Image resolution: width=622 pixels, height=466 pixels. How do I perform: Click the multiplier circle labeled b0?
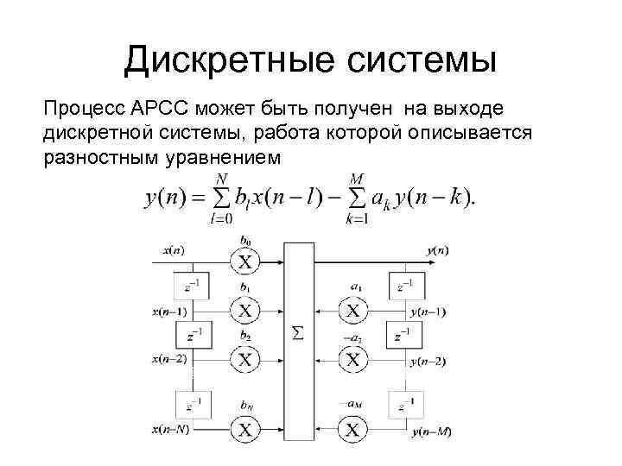point(246,261)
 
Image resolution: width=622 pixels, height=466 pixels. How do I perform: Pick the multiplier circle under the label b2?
point(246,358)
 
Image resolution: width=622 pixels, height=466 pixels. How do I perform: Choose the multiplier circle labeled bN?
point(246,429)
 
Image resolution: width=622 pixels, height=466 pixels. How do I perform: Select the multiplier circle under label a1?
point(352,310)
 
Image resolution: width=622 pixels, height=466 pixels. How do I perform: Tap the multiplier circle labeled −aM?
point(352,429)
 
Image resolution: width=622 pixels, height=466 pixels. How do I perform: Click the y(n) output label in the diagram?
point(437,250)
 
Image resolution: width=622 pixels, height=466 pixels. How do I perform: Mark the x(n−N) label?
point(170,430)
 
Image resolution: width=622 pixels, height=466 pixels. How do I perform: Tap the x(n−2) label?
point(169,359)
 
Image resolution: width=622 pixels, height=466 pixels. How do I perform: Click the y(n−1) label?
point(428,312)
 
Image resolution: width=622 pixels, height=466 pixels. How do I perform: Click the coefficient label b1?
point(246,287)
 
